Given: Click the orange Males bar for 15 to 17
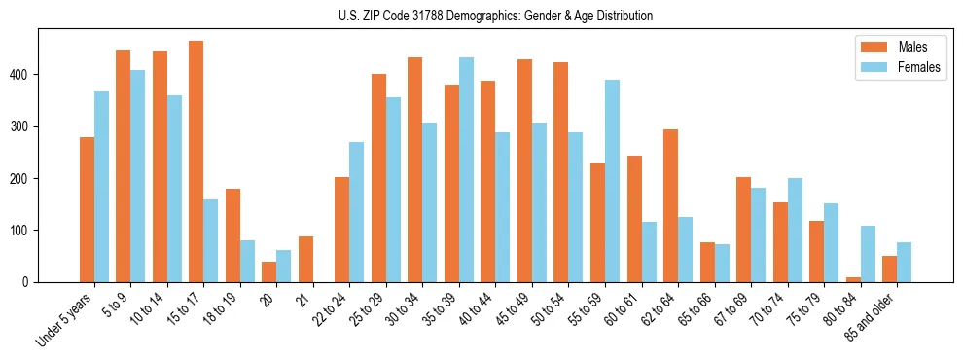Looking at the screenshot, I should click(x=196, y=162).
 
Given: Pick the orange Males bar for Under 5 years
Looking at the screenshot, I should click(x=87, y=209).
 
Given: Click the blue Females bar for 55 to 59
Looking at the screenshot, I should click(x=612, y=181).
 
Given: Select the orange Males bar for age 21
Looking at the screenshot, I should click(x=305, y=259).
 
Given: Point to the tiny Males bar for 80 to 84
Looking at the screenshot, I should click(x=853, y=279).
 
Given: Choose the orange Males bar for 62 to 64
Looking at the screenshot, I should click(x=670, y=205).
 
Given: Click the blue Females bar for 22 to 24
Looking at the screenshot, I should click(x=357, y=212).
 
